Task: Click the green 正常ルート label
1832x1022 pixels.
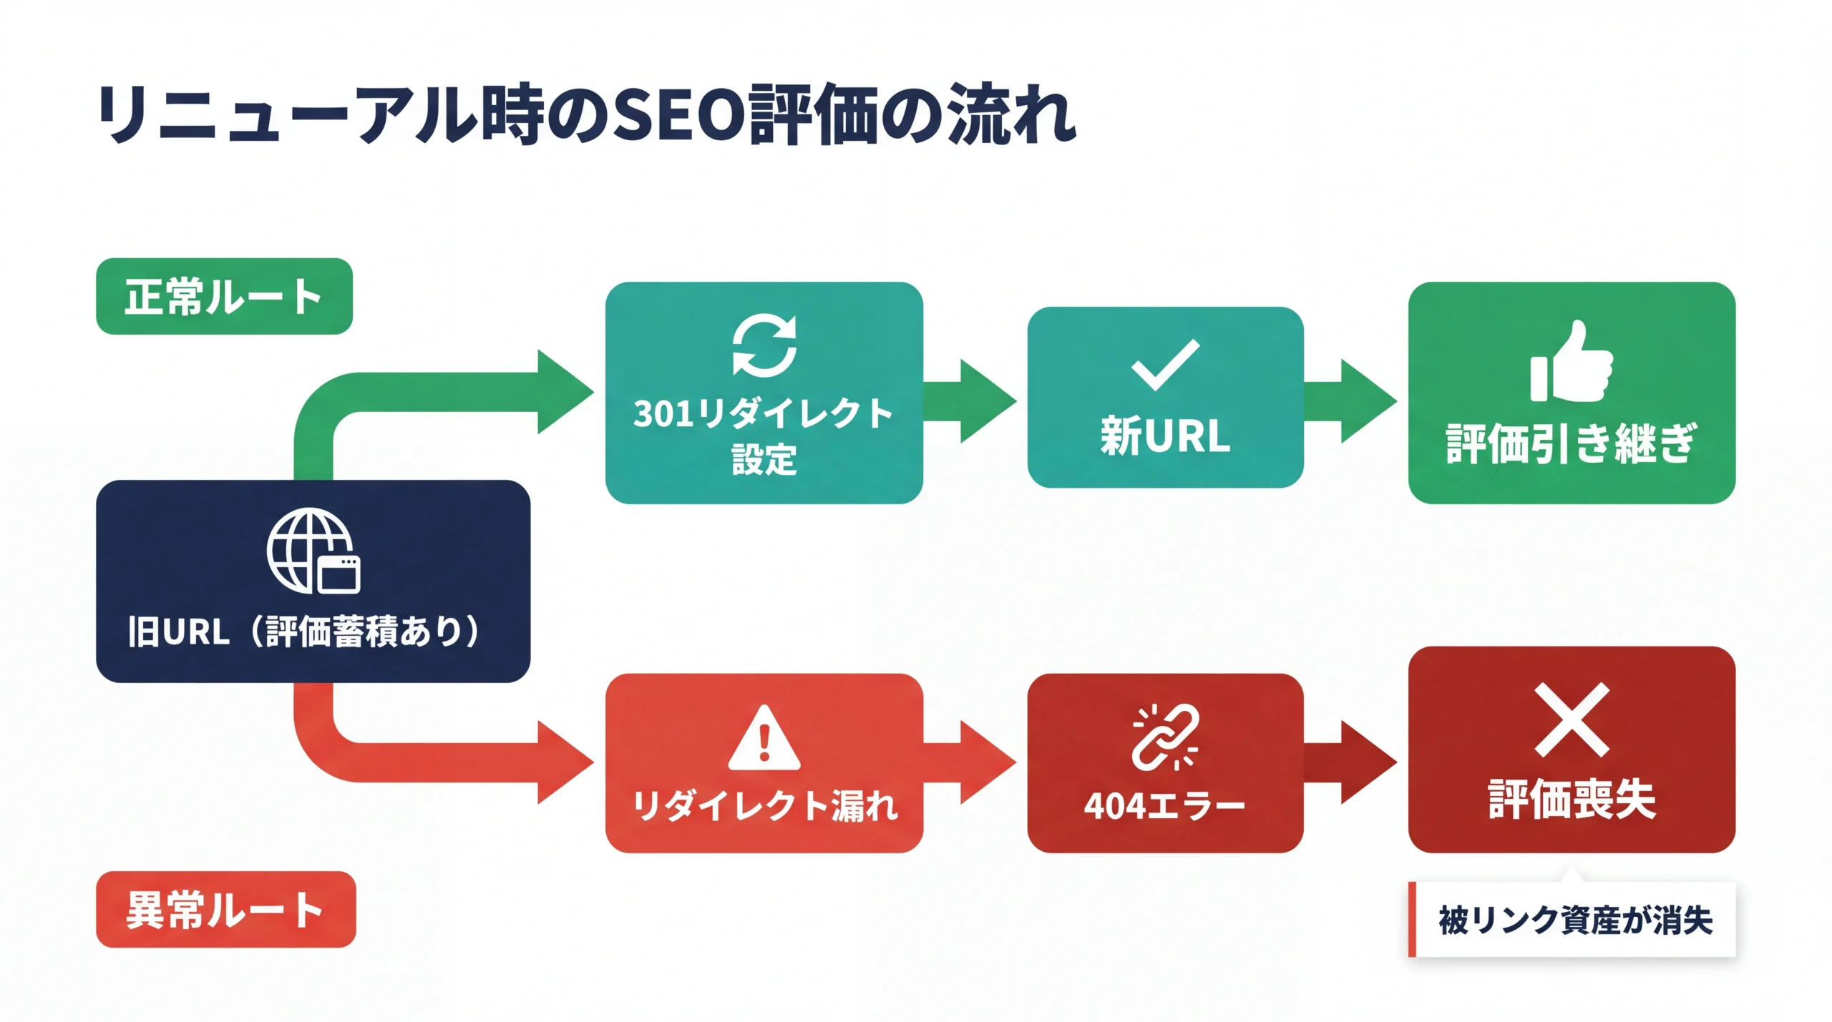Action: pyautogui.click(x=224, y=296)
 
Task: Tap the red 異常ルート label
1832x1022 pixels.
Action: pyautogui.click(x=225, y=909)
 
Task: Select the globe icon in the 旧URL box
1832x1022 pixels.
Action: pyautogui.click(x=313, y=551)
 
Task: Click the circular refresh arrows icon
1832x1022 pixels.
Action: pyautogui.click(x=764, y=345)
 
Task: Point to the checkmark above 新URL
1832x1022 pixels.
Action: pyautogui.click(x=1165, y=365)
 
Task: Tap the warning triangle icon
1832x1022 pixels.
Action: pyautogui.click(x=764, y=739)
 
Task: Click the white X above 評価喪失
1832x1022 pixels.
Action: pyautogui.click(x=1572, y=719)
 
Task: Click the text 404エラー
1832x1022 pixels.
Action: pyautogui.click(x=1165, y=806)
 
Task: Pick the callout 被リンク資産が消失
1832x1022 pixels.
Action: pyautogui.click(x=1574, y=920)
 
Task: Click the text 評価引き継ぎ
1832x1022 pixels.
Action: pyautogui.click(x=1572, y=443)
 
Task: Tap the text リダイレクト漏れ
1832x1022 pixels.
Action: pyautogui.click(x=764, y=806)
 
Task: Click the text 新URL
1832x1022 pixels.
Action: pyautogui.click(x=1165, y=436)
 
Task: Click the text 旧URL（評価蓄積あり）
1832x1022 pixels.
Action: pyautogui.click(x=303, y=631)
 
